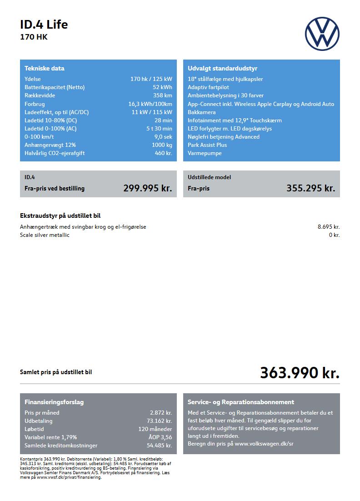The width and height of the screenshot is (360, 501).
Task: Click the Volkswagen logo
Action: coord(322,34)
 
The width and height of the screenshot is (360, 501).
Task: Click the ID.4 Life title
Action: coord(44,25)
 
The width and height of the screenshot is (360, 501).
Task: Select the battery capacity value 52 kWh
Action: coord(162,87)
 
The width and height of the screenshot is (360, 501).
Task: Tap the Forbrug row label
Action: coord(35,104)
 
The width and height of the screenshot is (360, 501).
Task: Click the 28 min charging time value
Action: coord(163,120)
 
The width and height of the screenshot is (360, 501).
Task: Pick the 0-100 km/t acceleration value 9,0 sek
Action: coord(163,137)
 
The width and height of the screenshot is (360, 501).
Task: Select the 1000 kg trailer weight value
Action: coord(162,145)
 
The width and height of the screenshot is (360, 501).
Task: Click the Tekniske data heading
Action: coord(45,69)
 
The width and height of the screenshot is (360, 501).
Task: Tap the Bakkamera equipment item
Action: coord(201,112)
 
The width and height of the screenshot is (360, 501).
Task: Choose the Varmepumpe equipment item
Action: coord(205,153)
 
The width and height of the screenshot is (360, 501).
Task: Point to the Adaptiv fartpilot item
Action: coord(208,87)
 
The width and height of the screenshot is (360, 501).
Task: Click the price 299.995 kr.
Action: coord(147,188)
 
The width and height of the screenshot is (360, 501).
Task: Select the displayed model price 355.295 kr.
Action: coord(310,188)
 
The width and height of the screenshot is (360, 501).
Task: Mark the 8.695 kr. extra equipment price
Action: coord(328,227)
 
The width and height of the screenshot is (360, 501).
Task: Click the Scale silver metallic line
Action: coord(45,235)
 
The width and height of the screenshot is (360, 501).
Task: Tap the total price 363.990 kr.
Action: coord(300,373)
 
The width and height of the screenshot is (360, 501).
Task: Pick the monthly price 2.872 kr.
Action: coord(161,413)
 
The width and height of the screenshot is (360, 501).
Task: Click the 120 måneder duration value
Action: coord(155,429)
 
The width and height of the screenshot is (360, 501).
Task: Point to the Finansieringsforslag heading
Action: coord(54,402)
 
